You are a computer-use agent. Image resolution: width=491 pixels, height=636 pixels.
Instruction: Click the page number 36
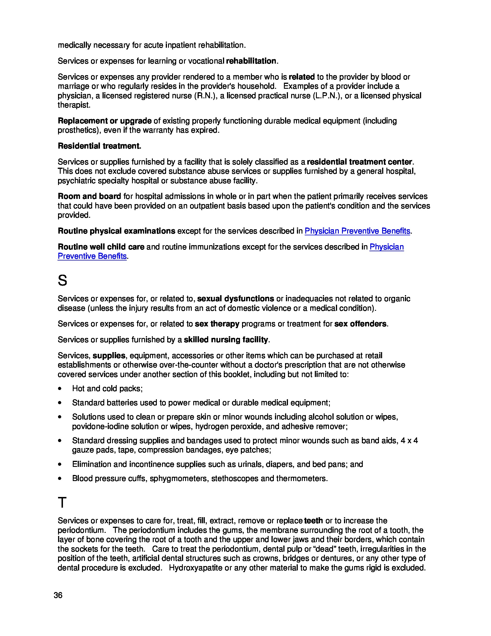pos(58,595)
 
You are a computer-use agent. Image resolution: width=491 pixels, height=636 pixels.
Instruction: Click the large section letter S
pos(62,280)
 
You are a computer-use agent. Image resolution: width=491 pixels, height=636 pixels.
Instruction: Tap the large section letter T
pos(62,503)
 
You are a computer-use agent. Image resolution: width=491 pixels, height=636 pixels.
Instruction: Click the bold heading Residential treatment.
pos(99,146)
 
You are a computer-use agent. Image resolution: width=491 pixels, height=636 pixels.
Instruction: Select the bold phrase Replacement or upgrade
pos(105,121)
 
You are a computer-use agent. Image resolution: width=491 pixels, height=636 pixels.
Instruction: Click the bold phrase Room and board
pos(89,196)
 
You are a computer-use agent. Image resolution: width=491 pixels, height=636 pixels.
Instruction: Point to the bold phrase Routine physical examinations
pos(116,231)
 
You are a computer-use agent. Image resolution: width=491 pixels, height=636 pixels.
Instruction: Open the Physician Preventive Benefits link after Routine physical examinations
pos(357,231)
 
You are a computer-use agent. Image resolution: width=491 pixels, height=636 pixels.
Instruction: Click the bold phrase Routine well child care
pos(101,247)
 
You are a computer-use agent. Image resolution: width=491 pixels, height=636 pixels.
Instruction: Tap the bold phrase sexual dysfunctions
pos(236,299)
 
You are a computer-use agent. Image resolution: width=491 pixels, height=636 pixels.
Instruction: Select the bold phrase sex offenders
pos(360,324)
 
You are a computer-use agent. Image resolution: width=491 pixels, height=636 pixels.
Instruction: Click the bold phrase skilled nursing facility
pos(226,340)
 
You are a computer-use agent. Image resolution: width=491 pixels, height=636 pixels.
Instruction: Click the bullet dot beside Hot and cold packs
pos(59,389)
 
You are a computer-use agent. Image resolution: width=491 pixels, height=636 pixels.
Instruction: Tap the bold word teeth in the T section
pos(313,521)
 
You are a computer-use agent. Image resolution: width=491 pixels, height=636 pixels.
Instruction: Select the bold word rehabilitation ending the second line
pos(251,61)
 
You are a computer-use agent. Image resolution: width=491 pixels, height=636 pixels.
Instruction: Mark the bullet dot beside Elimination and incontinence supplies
pos(59,464)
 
